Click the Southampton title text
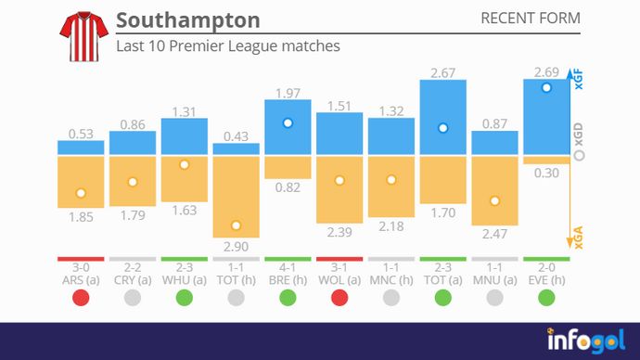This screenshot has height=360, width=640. [188, 20]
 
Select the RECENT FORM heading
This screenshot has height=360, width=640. [531, 19]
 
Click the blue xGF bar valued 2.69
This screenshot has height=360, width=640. [546, 117]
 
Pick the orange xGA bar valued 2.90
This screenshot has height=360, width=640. [237, 197]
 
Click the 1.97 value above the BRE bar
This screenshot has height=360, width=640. [288, 92]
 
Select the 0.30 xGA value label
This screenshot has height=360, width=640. [546, 173]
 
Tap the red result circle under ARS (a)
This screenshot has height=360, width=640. [81, 298]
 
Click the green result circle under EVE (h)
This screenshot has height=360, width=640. [546, 298]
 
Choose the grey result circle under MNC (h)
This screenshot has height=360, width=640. [391, 298]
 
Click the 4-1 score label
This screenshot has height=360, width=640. [288, 266]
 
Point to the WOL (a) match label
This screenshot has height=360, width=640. [339, 278]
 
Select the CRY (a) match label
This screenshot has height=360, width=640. [133, 278]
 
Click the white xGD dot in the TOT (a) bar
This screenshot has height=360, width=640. [443, 128]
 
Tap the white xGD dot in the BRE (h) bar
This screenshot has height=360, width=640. [288, 122]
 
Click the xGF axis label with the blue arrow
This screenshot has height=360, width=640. [579, 80]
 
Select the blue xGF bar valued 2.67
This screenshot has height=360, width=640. [442, 118]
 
